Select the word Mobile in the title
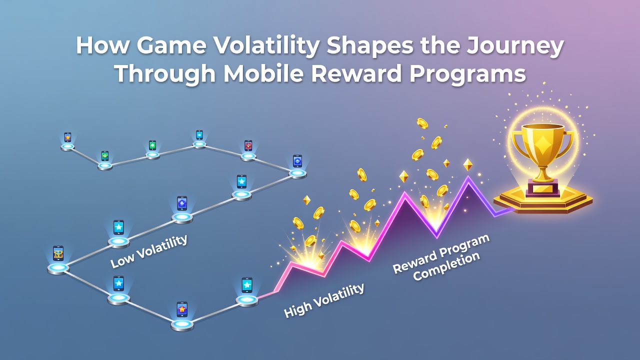click(x=263, y=73)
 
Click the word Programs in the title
click(x=467, y=75)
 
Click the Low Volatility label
click(x=149, y=251)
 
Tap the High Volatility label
click(x=324, y=300)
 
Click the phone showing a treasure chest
click(x=58, y=253)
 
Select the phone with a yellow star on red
click(x=182, y=309)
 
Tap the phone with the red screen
click(x=248, y=145)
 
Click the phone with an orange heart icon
click(x=67, y=137)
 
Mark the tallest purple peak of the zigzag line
click(x=468, y=177)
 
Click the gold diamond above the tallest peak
click(x=467, y=164)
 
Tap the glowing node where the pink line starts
click(x=247, y=300)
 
